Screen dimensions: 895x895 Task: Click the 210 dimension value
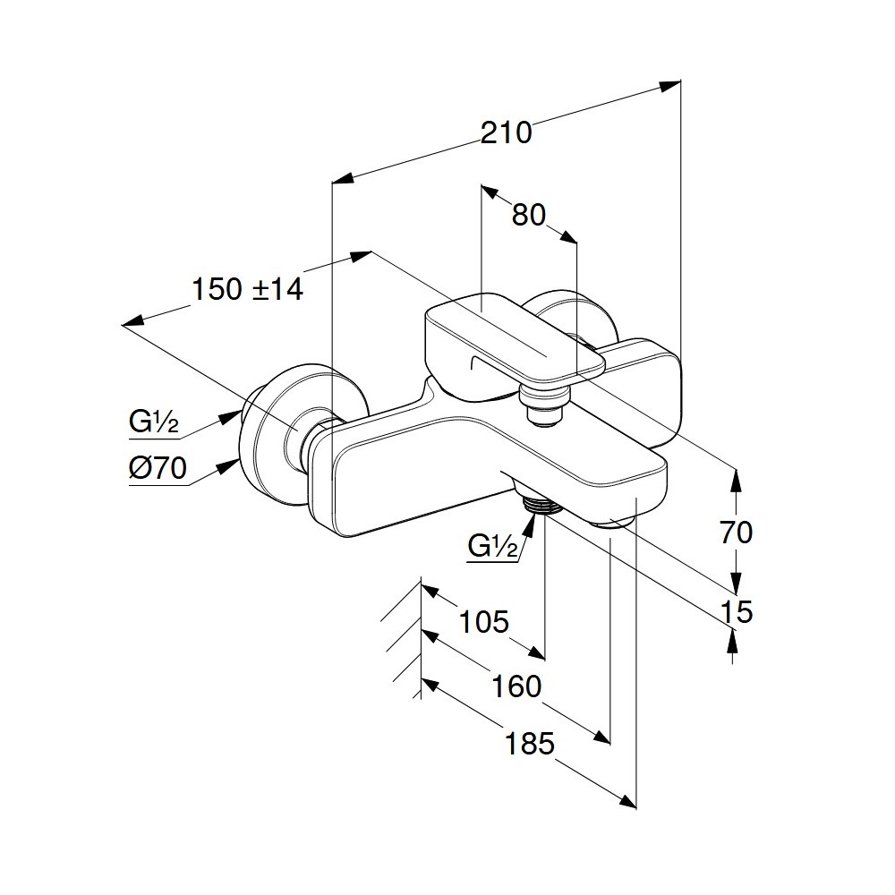(x=506, y=132)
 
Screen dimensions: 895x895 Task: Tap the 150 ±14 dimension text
(x=248, y=289)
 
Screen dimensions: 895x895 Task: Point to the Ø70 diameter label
(x=158, y=469)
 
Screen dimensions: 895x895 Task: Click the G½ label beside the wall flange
(x=153, y=422)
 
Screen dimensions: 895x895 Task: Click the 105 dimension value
(x=483, y=621)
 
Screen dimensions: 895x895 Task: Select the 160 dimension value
(x=517, y=686)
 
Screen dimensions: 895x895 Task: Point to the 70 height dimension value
(x=736, y=533)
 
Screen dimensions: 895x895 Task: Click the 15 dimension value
(x=736, y=612)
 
